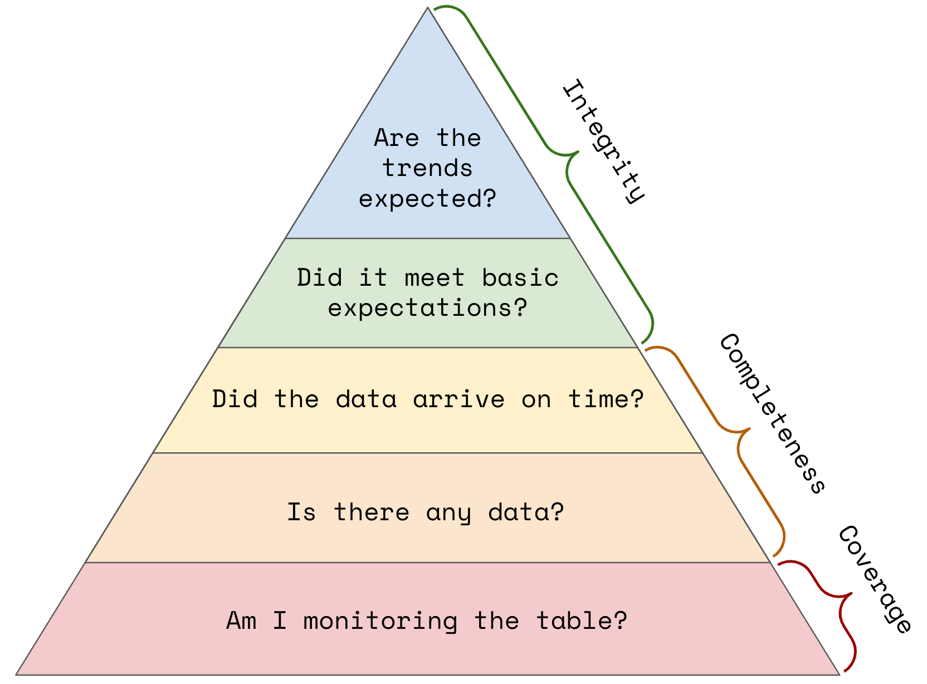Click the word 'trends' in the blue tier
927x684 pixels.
pyautogui.click(x=427, y=168)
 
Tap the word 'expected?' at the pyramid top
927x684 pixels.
pyautogui.click(x=427, y=198)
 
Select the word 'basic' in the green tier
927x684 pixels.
pyautogui.click(x=520, y=277)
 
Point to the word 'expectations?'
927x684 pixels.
pyautogui.click(x=427, y=308)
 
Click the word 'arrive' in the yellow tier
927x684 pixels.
pyautogui.click(x=458, y=399)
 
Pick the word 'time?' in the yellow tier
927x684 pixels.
pyautogui.click(x=606, y=399)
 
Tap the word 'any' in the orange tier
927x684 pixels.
pyautogui.click(x=448, y=514)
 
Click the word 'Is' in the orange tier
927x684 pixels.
pyautogui.click(x=301, y=512)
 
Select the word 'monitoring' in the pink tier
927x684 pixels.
pyautogui.click(x=380, y=622)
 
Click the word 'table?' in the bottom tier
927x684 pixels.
pyautogui.click(x=582, y=621)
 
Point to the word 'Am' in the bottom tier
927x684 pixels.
pyautogui.click(x=241, y=621)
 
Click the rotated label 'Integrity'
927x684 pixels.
pyautogui.click(x=603, y=141)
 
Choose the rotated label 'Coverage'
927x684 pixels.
pyautogui.click(x=875, y=579)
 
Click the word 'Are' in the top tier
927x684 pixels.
pyautogui.click(x=397, y=138)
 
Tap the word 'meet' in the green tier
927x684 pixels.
pyautogui.click(x=435, y=278)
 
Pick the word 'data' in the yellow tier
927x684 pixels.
pyautogui.click(x=366, y=399)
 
